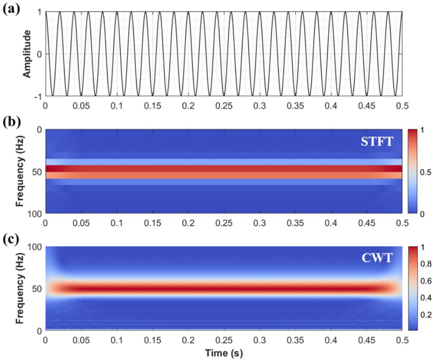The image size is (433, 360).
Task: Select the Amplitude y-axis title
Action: pos(27,54)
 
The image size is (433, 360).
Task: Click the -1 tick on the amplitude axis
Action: pos(37,96)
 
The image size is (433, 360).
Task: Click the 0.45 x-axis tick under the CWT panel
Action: pos(366,340)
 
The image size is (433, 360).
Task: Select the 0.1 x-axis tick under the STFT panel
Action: pos(116,224)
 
